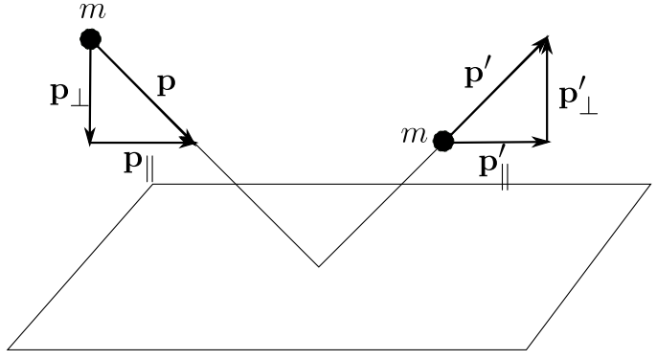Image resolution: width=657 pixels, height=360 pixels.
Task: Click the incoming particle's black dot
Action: (x=90, y=39)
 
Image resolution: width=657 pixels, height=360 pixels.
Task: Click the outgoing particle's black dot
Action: (x=443, y=142)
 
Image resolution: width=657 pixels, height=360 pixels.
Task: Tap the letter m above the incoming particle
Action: (x=93, y=11)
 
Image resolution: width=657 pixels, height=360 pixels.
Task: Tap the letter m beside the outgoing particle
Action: (x=414, y=135)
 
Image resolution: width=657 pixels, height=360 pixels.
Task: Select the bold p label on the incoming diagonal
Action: (x=167, y=84)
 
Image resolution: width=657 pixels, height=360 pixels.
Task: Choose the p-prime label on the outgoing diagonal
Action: (x=475, y=76)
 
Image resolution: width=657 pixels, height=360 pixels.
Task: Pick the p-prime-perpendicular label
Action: (x=578, y=99)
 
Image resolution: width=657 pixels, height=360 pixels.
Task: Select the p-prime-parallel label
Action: (x=494, y=167)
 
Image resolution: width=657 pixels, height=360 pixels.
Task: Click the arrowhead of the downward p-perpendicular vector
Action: (x=90, y=137)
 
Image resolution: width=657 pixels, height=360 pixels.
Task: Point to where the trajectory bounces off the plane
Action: (x=318, y=266)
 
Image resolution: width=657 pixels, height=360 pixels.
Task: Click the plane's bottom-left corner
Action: (x=8, y=349)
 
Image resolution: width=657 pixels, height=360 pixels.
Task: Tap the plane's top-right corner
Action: (x=650, y=184)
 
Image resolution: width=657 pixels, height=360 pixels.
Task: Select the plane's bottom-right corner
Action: (x=527, y=349)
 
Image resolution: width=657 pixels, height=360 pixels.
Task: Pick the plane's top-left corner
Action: (x=152, y=184)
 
